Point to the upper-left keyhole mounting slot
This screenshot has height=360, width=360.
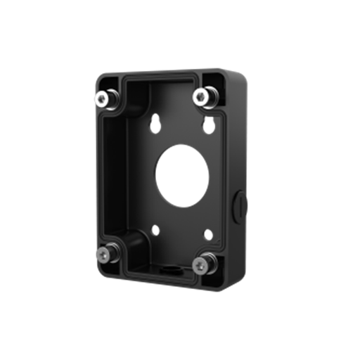(154, 118)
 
